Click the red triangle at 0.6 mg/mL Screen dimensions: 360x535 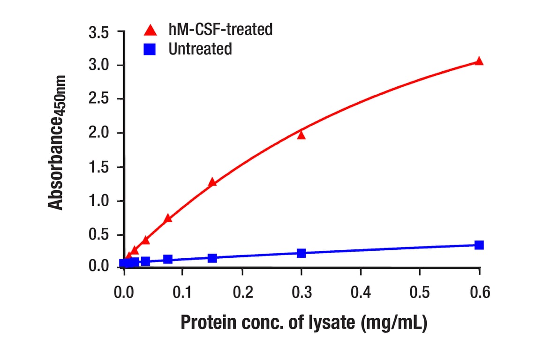point(479,61)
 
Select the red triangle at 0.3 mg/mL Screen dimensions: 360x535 point(301,135)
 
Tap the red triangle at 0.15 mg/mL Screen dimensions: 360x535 point(212,182)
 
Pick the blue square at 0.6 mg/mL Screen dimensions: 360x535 point(479,245)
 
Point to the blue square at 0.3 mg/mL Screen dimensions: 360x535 point(301,254)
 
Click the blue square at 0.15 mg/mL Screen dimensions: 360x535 point(212,258)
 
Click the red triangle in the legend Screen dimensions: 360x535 point(150,30)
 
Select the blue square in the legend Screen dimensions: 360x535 point(150,49)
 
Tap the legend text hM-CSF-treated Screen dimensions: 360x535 point(220,30)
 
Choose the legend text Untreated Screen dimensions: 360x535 point(200,49)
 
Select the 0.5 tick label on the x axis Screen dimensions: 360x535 point(420,292)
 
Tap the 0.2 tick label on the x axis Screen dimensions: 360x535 point(242,292)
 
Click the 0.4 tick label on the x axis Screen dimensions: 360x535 point(361,292)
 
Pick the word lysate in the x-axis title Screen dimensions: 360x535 point(328,323)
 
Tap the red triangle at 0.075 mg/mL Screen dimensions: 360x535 point(168,218)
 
